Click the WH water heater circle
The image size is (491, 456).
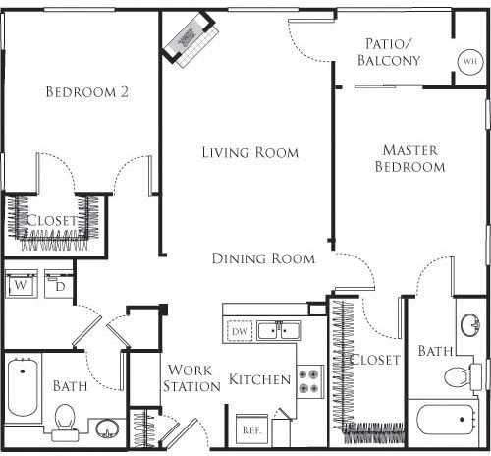pyautogui.click(x=470, y=61)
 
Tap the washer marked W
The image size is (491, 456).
pyautogui.click(x=22, y=284)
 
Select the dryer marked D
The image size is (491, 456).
pyautogui.click(x=59, y=284)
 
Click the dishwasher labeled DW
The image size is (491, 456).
pyautogui.click(x=240, y=331)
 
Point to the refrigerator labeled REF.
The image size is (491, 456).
pyautogui.click(x=251, y=430)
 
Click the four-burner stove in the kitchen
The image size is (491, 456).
pyautogui.click(x=310, y=381)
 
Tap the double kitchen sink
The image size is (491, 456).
pyautogui.click(x=278, y=331)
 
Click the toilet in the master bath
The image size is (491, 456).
pyautogui.click(x=463, y=376)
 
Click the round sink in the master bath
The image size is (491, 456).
pyautogui.click(x=470, y=324)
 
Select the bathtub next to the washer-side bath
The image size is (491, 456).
pyautogui.click(x=23, y=387)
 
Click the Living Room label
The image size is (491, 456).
pyautogui.click(x=249, y=152)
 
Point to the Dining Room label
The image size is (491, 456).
pyautogui.click(x=263, y=258)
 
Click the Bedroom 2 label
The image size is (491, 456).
pyautogui.click(x=86, y=92)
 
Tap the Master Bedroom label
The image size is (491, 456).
pyautogui.click(x=409, y=158)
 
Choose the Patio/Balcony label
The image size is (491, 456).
pyautogui.click(x=389, y=52)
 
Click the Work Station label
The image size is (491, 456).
pyautogui.click(x=191, y=378)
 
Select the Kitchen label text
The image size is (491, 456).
pyautogui.click(x=259, y=379)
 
